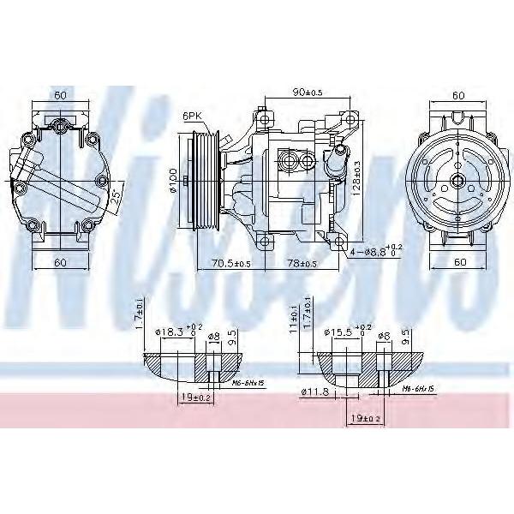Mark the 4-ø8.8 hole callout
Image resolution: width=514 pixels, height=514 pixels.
[374, 252]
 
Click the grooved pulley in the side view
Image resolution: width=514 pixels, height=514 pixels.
[206, 181]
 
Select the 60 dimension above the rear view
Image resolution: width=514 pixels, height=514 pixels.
[59, 96]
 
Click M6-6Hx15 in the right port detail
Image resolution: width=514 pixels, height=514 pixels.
[419, 389]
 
